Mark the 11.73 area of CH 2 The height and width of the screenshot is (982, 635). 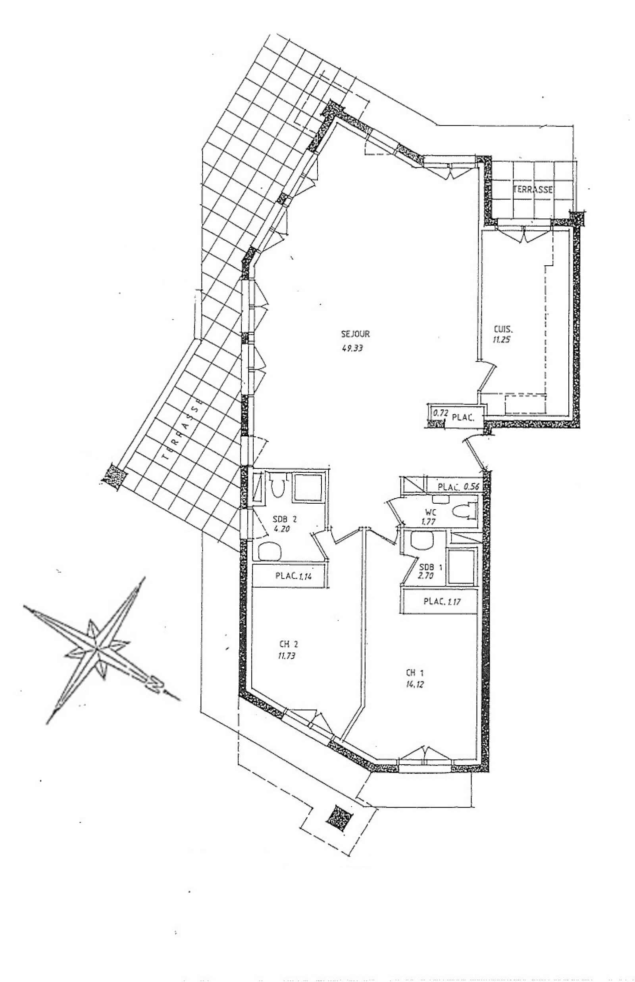click(x=286, y=655)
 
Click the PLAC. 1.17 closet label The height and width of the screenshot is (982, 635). click(x=441, y=602)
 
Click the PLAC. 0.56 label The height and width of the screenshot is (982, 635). click(x=458, y=487)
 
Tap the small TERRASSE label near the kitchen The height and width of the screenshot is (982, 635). click(x=532, y=190)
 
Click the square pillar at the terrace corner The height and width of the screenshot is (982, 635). click(x=113, y=477)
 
